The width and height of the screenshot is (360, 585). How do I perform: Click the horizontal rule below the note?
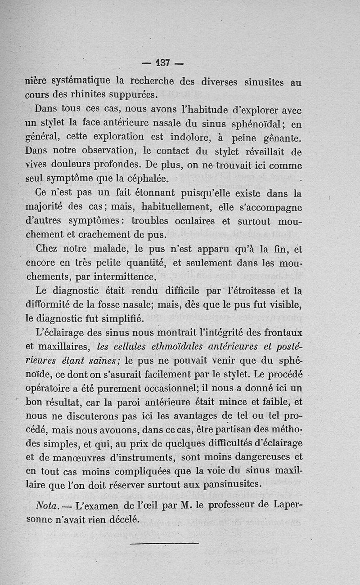(x=164, y=545)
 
